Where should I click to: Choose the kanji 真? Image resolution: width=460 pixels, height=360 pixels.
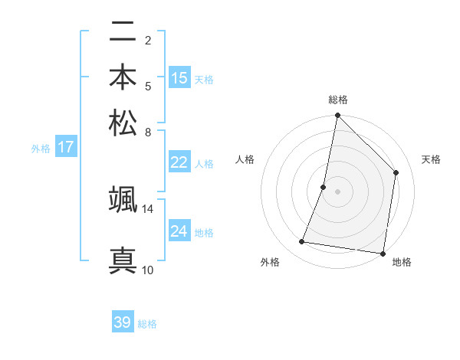tap(123, 260)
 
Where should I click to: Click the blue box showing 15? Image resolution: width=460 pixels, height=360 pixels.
tap(179, 78)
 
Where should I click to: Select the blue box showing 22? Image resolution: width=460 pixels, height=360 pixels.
tap(179, 162)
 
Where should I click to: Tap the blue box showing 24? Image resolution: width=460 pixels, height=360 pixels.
tap(179, 231)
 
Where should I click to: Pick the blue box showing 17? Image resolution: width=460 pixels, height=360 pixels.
tap(66, 147)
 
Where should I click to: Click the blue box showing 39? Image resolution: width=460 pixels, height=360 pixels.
tap(123, 322)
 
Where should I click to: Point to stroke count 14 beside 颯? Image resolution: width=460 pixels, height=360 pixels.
tap(147, 208)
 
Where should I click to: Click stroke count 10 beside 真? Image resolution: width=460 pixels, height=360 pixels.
tap(147, 270)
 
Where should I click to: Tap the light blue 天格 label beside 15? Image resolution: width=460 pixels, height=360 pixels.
tap(204, 79)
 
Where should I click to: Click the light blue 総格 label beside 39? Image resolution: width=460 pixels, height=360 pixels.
tap(148, 324)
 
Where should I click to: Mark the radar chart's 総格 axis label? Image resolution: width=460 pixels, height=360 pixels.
tap(338, 100)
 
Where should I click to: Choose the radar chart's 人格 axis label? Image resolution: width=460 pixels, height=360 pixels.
tap(245, 159)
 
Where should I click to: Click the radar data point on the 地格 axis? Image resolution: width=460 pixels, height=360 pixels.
tap(382, 253)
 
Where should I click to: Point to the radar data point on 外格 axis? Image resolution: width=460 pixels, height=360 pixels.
tap(302, 242)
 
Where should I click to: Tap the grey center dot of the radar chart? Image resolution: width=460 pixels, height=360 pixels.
tap(338, 191)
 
